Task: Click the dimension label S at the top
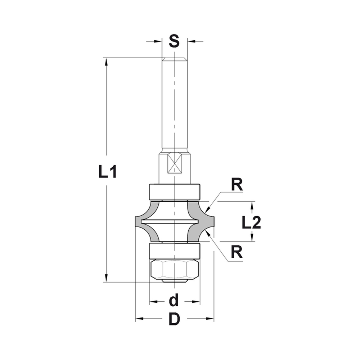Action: point(174,41)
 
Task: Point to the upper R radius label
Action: point(237,185)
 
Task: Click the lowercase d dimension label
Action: point(174,300)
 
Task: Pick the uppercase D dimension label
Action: point(175,319)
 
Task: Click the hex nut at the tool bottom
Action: point(175,268)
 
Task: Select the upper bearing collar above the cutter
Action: point(175,192)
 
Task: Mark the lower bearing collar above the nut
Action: point(175,251)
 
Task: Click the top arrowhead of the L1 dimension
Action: point(107,62)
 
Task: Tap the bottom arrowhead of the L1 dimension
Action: point(107,278)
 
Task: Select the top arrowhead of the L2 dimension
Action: point(252,205)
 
